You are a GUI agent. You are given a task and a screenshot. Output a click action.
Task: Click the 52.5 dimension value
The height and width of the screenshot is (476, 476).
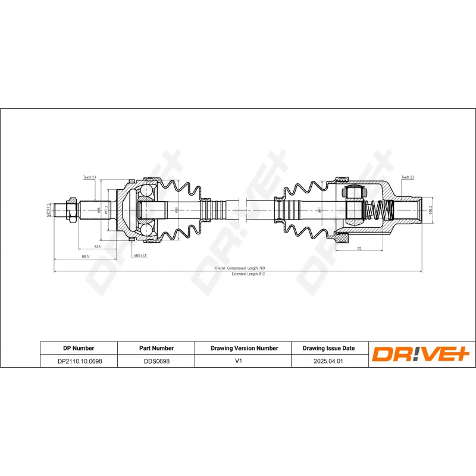click(x=96, y=246)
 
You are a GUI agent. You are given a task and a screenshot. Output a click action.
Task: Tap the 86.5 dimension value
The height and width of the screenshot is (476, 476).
click(x=85, y=256)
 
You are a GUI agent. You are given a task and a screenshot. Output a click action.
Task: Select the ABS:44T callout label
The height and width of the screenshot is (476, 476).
click(x=140, y=255)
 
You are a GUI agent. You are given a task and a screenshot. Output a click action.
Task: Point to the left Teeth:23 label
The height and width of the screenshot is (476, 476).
click(x=90, y=177)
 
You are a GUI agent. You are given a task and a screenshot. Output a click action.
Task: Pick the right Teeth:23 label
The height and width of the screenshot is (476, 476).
click(x=408, y=177)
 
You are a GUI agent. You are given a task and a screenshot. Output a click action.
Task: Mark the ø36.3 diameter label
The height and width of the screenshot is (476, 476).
click(x=430, y=209)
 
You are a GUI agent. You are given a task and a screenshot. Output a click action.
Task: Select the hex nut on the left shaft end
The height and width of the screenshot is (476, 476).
click(x=71, y=210)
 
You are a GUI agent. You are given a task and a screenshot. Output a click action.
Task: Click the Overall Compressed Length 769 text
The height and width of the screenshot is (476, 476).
click(x=239, y=268)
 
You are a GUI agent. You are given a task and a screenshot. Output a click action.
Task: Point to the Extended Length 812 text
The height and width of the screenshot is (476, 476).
click(x=239, y=274)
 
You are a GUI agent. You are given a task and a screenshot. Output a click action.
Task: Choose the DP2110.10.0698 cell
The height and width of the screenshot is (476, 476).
click(x=79, y=361)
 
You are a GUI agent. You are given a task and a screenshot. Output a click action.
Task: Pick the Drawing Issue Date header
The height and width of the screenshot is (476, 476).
click(x=328, y=348)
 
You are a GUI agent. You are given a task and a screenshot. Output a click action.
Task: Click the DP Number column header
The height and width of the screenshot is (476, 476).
click(x=79, y=348)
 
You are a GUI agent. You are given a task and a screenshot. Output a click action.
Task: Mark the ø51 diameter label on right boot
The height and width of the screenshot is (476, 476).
click(x=320, y=209)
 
